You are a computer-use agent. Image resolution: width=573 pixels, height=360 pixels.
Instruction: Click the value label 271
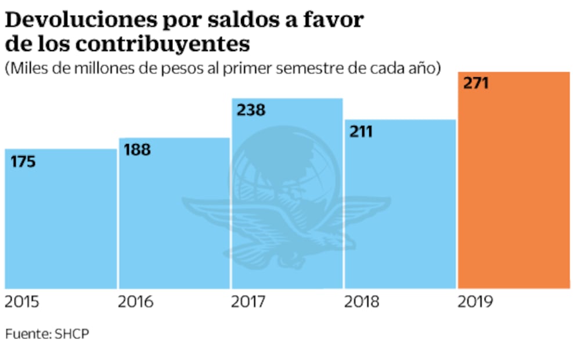tap(476, 83)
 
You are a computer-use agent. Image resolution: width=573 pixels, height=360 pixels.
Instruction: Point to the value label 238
tap(250, 110)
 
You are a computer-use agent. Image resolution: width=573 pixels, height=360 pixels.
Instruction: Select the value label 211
tap(361, 132)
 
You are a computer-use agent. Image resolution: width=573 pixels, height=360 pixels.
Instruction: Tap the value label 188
tap(138, 150)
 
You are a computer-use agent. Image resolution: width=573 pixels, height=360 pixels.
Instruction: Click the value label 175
tap(23, 161)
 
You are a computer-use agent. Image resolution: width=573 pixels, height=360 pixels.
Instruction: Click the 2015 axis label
tap(23, 303)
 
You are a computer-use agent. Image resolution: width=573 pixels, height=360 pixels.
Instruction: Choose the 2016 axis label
tap(135, 303)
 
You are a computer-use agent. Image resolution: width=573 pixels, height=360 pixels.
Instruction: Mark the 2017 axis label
tap(248, 303)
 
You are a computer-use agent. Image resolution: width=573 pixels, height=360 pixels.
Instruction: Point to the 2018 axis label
tap(361, 303)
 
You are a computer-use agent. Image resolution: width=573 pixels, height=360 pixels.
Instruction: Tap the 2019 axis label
tap(474, 303)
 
